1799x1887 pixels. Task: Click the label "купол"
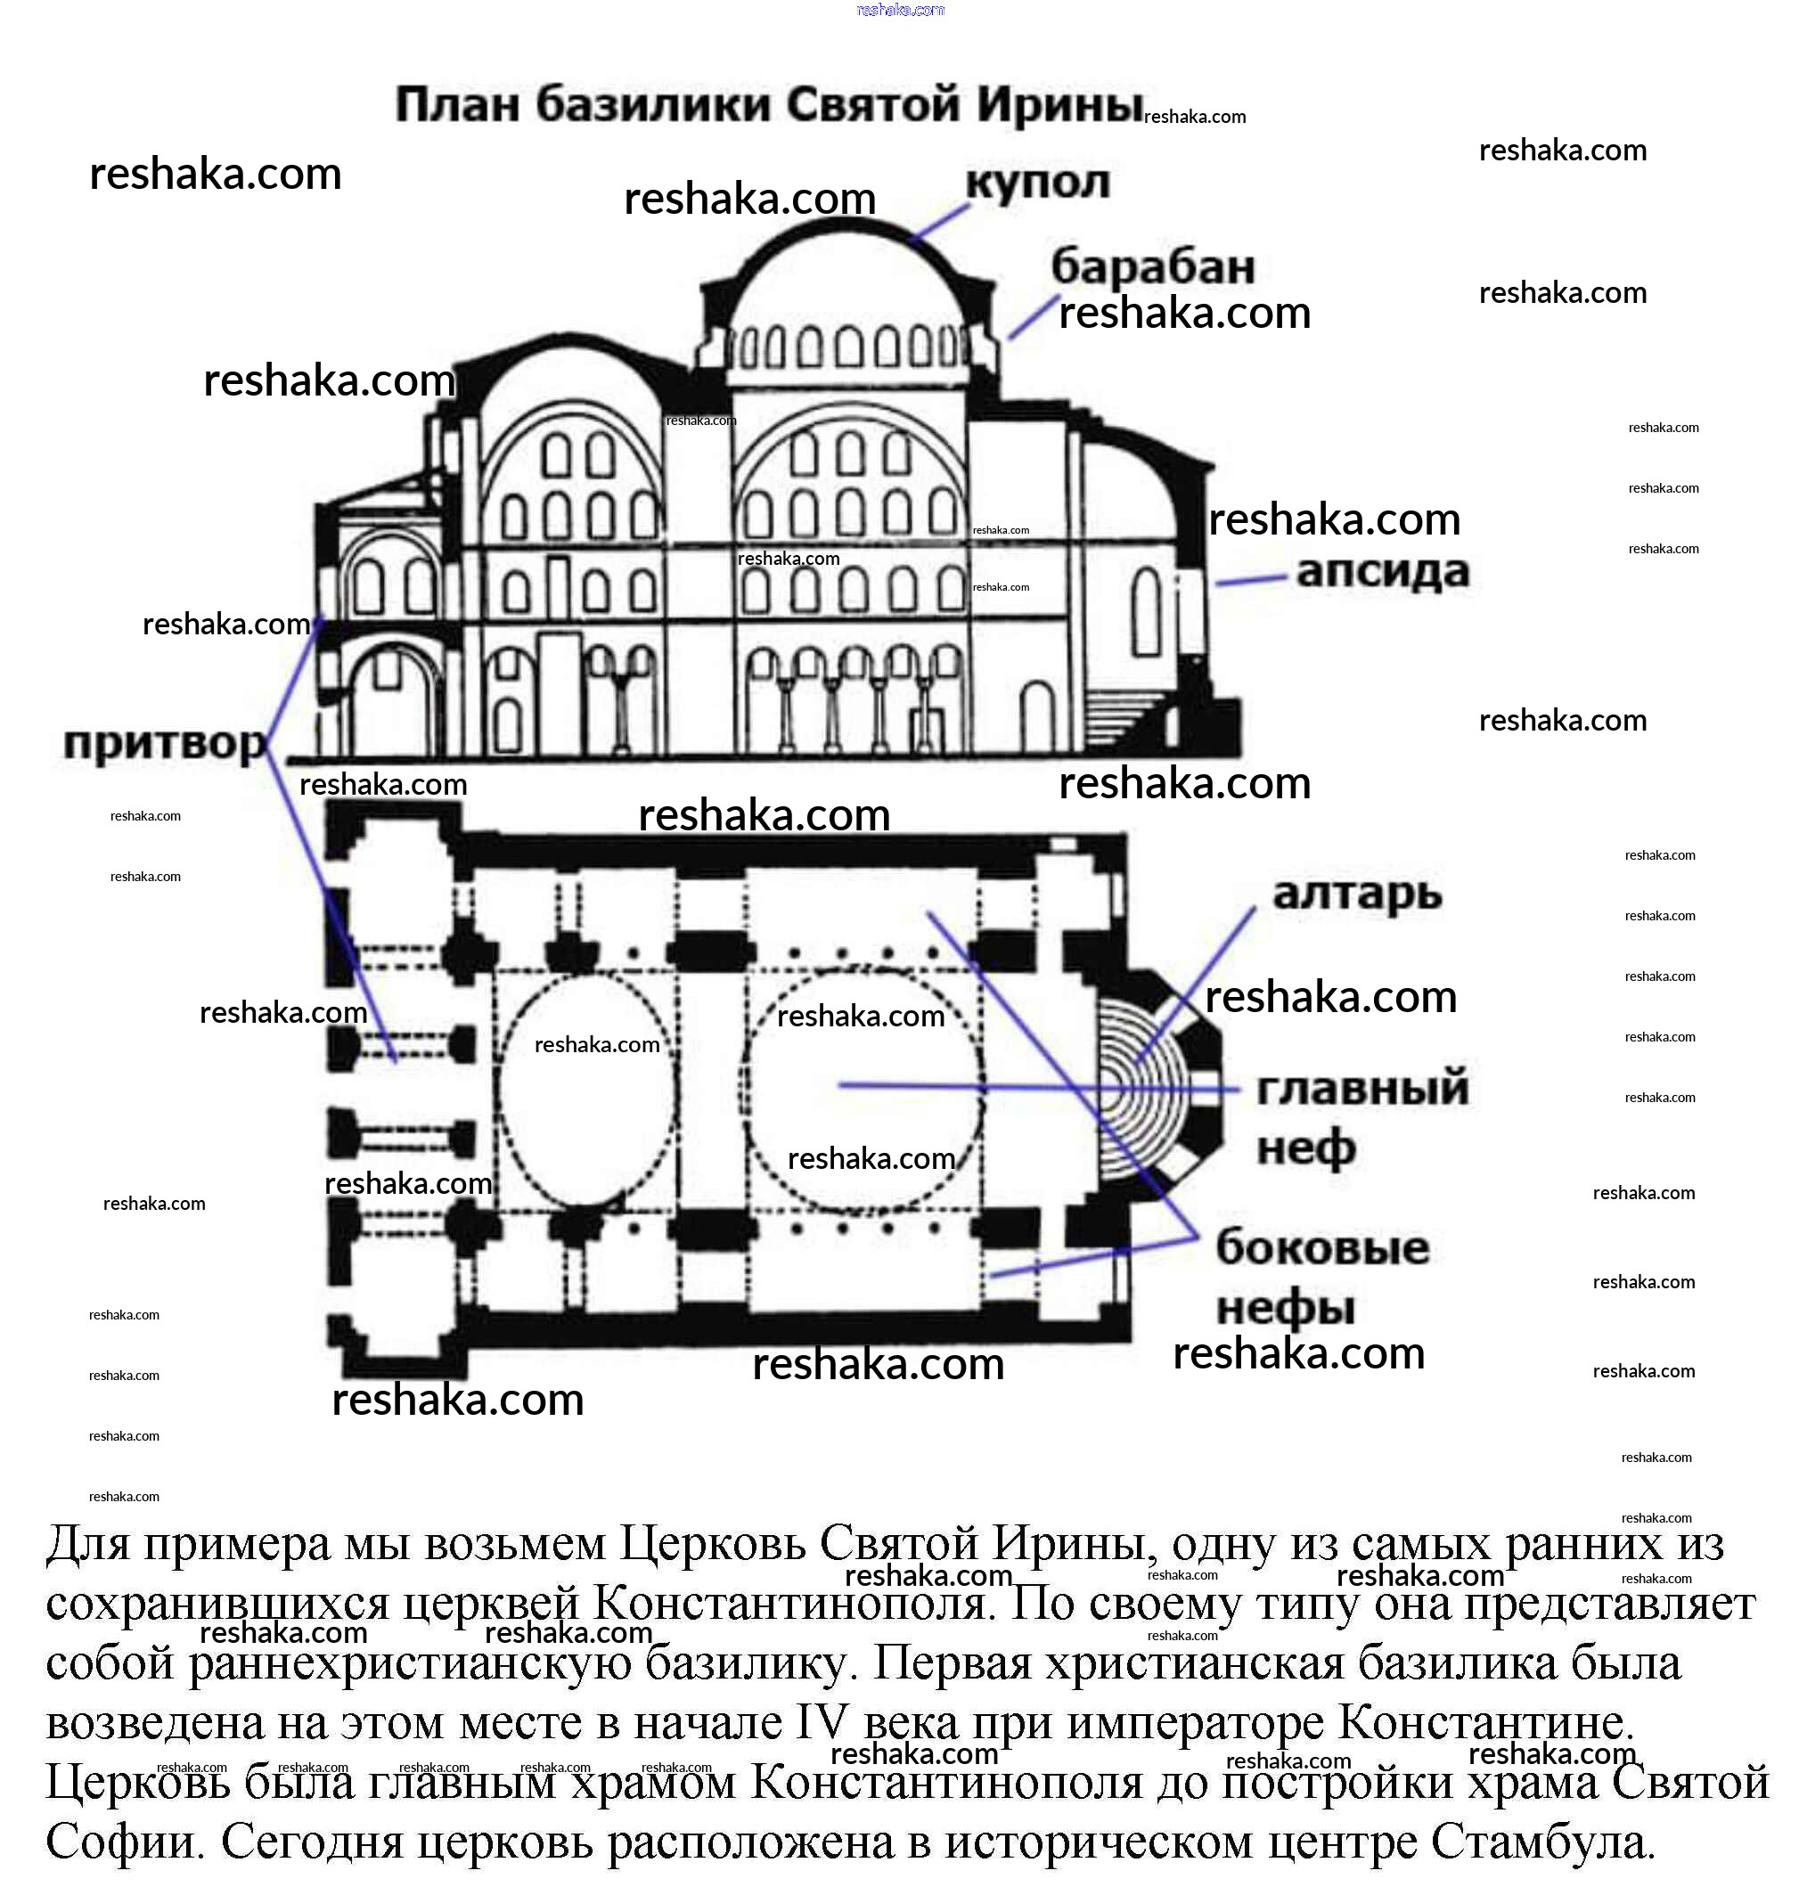tap(1036, 182)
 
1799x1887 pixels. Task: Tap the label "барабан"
tap(1153, 266)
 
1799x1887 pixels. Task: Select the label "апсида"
tap(1382, 571)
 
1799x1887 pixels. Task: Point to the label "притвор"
tap(165, 743)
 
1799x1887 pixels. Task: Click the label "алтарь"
tap(1357, 893)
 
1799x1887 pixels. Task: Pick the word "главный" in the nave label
tap(1362, 1090)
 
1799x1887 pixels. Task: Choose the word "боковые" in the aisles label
tap(1322, 1247)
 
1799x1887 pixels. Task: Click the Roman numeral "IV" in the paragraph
tap(822, 1723)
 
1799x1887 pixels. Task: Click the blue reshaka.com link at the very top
tap(900, 10)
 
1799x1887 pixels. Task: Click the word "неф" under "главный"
tap(1306, 1148)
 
